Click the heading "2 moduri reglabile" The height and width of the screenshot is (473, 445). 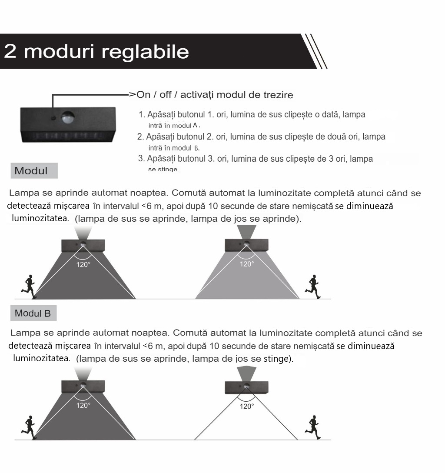point(96,51)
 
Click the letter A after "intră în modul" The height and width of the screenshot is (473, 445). point(195,125)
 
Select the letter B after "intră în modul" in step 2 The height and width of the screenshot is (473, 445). point(196,148)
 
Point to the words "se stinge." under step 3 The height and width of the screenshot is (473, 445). point(164,169)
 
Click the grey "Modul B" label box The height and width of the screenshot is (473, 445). point(33,313)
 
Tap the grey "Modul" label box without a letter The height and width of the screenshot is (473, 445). point(34,171)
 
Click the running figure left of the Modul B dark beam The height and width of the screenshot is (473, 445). point(29,427)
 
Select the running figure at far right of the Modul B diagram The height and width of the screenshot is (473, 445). point(313,427)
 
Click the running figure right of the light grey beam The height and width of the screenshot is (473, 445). point(313,286)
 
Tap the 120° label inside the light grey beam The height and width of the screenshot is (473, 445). point(247,264)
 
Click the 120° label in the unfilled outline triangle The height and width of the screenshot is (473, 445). point(247,406)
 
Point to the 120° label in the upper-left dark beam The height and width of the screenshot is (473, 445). point(83,265)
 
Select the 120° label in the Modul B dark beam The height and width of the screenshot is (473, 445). point(83,406)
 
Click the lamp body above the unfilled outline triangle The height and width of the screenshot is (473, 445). point(247,387)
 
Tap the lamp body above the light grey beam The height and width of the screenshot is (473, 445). point(247,245)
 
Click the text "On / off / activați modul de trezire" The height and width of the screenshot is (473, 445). point(215,95)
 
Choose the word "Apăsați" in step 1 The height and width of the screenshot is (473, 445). point(161,115)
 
